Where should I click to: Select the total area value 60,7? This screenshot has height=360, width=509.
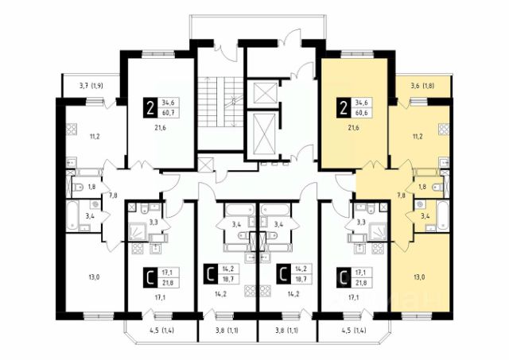tap(168, 113)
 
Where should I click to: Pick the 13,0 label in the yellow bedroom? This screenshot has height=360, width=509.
tap(419, 277)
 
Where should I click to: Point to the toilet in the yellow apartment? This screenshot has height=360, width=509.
tap(438, 187)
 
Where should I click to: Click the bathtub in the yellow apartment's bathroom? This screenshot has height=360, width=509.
tap(442, 215)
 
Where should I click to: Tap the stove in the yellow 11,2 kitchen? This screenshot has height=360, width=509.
tap(444, 130)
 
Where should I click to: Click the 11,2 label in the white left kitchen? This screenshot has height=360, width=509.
tap(95, 136)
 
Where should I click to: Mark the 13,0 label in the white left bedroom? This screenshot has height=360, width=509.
tap(94, 277)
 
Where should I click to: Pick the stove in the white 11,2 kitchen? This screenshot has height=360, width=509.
tap(72, 130)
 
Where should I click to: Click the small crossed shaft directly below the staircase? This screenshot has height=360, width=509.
tap(205, 165)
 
